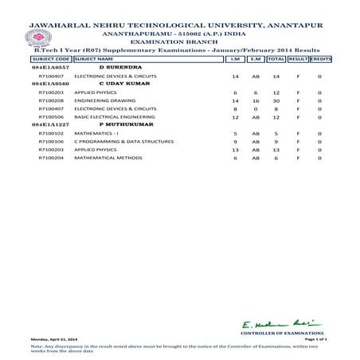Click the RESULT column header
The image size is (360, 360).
[x=297, y=59]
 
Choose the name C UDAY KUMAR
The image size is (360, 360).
[x=118, y=82]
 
